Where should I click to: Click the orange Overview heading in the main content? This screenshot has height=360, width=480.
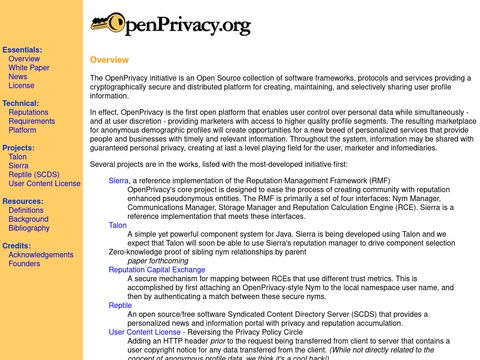click(108, 60)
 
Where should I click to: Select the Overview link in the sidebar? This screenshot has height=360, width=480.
click(24, 58)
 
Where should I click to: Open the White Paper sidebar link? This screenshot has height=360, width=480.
click(30, 67)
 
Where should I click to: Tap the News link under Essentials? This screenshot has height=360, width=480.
click(18, 76)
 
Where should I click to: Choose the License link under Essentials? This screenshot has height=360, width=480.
click(21, 85)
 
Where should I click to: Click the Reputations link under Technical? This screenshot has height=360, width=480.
click(28, 112)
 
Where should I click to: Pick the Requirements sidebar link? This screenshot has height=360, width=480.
click(31, 121)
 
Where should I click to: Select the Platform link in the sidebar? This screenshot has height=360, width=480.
click(22, 130)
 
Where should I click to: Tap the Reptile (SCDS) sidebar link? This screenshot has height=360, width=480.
click(34, 175)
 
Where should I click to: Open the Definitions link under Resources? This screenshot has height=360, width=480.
click(26, 210)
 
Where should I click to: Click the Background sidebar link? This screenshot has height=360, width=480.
click(28, 219)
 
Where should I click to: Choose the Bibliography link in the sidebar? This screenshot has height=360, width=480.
click(29, 228)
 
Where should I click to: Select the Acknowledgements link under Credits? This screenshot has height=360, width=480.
click(40, 255)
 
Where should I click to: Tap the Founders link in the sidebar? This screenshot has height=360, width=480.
click(24, 264)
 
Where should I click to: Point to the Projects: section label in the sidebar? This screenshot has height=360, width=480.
click(18, 148)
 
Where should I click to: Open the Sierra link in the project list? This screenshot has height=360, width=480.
click(118, 180)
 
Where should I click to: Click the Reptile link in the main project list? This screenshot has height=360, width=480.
click(120, 304)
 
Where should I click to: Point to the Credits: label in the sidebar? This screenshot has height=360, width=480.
click(16, 246)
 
